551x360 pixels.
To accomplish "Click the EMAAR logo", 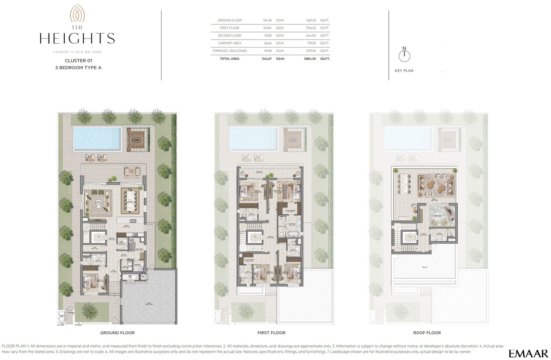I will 528,353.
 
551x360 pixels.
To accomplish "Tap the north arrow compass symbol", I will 404,55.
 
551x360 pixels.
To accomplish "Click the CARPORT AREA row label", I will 229,43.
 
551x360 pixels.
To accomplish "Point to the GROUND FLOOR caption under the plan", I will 117,333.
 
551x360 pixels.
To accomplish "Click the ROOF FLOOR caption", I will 427,333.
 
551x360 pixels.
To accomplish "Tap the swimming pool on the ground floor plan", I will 97,139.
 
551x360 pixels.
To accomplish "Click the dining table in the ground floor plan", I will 131,201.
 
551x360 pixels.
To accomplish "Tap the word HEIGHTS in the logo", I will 77,39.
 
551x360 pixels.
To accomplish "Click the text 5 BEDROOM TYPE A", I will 78,68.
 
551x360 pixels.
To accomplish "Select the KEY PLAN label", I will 404,71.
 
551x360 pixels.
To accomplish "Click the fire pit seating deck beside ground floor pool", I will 137,139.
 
